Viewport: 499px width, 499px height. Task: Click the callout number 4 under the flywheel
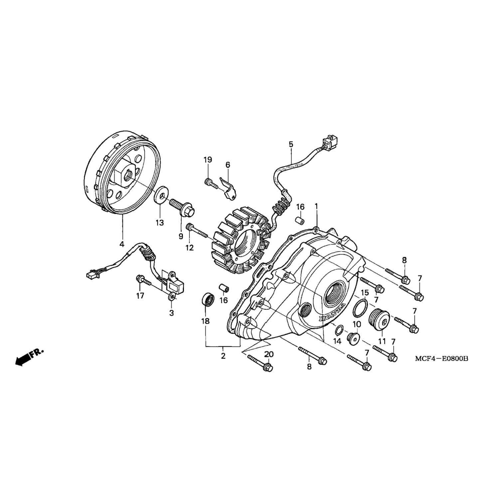122,244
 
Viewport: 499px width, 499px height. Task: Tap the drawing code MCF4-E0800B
441,359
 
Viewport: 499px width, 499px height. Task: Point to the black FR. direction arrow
29,357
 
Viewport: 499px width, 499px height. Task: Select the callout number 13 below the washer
160,223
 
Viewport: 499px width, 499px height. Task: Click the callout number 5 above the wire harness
291,144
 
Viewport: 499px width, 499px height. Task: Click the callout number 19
208,160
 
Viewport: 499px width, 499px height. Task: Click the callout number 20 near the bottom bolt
269,355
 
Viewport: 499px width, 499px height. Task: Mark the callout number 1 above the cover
316,206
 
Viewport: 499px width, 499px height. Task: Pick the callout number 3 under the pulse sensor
172,313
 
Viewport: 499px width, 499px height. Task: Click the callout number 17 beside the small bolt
140,295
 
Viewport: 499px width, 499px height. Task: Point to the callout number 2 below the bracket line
223,356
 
